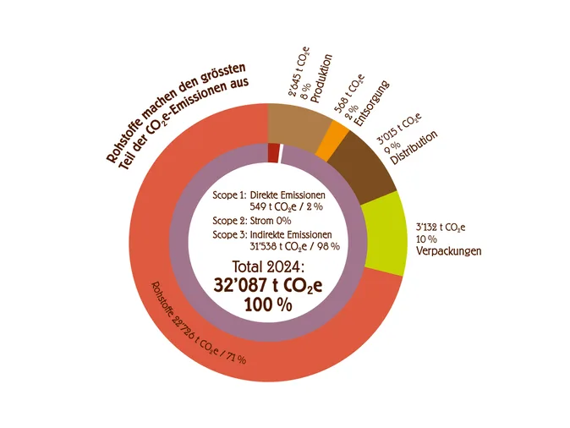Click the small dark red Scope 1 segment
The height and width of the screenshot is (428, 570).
(273, 152)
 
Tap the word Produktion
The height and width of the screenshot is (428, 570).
(321, 81)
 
